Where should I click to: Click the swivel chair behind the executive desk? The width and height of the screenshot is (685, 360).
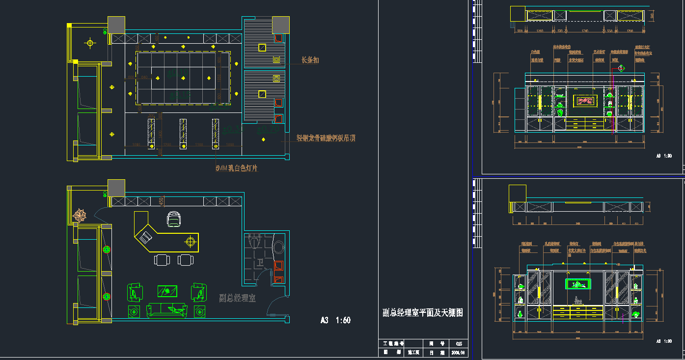[x=173, y=219]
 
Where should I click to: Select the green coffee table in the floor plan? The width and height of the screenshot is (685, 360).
[x=168, y=291]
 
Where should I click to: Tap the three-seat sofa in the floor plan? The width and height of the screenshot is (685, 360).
[x=167, y=310]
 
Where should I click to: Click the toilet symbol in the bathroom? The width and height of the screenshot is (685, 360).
[x=254, y=241]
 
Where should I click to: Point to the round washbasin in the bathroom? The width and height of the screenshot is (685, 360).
[x=278, y=247]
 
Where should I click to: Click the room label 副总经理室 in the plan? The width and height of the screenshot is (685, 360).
[x=237, y=298]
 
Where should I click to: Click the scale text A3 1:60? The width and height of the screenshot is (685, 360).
[x=335, y=320]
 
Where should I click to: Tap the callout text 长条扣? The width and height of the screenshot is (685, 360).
[x=310, y=60]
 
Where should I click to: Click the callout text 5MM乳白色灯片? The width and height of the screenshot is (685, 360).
[x=237, y=168]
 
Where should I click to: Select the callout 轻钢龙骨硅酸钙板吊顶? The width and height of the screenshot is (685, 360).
[x=326, y=138]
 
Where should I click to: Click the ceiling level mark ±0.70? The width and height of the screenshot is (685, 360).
[x=268, y=130]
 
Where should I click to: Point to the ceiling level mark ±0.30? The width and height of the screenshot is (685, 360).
[x=232, y=129]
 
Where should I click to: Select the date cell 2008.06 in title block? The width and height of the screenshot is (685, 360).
[x=458, y=353]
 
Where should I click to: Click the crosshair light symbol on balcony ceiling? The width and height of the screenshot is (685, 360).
[x=90, y=43]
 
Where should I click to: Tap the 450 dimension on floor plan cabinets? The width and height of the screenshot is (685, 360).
[x=161, y=201]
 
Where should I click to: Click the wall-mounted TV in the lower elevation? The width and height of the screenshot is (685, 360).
[x=578, y=284]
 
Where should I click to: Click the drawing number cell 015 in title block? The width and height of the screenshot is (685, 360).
[x=459, y=344]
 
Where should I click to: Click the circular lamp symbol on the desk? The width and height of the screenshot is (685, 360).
[x=190, y=242]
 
